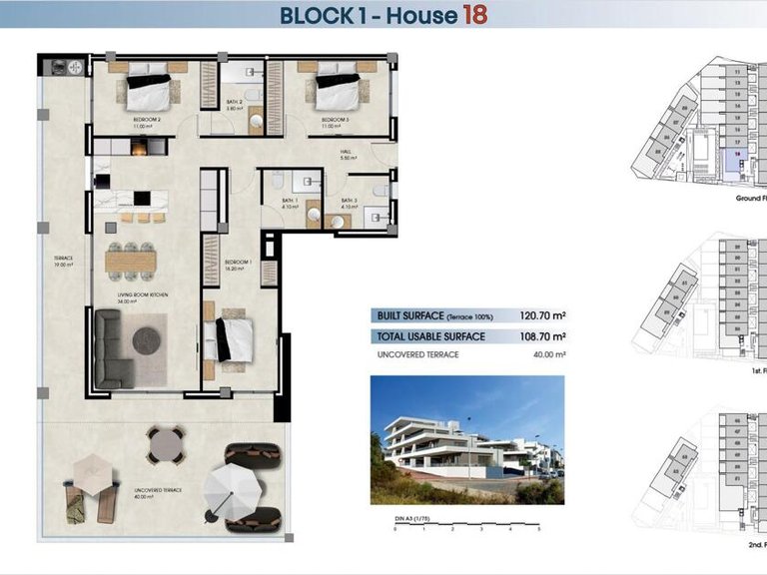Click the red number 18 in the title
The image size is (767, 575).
pyautogui.click(x=474, y=15)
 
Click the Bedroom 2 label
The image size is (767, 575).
pyautogui.click(x=147, y=123)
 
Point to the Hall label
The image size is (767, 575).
pyautogui.click(x=348, y=155)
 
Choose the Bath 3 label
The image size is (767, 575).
pyautogui.click(x=349, y=204)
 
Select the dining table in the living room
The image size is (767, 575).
pyautogui.click(x=131, y=263)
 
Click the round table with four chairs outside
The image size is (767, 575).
pyautogui.click(x=166, y=445)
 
